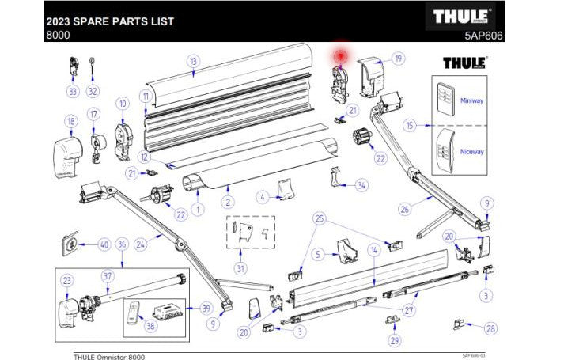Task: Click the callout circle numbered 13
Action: (x=192, y=60)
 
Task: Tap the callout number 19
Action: (x=398, y=59)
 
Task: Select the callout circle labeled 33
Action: (x=74, y=91)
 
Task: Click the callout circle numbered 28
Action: (x=490, y=328)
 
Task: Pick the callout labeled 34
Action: (x=361, y=185)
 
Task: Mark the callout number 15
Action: (x=409, y=126)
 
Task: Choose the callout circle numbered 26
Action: (x=404, y=210)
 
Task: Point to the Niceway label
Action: (x=472, y=151)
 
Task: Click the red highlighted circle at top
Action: (x=341, y=56)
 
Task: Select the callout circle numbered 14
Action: (x=375, y=250)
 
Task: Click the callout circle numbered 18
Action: (x=70, y=121)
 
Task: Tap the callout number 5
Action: (x=316, y=254)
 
